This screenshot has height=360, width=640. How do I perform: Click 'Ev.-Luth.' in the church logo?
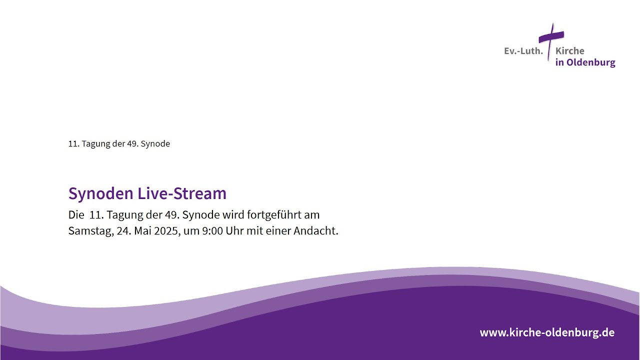pyautogui.click(x=523, y=51)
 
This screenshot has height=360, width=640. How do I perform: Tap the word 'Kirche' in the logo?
pyautogui.click(x=569, y=51)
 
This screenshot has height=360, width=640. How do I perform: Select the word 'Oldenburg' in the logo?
pyautogui.click(x=591, y=62)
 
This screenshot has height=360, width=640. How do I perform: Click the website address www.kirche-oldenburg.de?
pyautogui.click(x=547, y=332)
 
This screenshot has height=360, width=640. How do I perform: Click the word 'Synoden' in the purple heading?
pyautogui.click(x=101, y=193)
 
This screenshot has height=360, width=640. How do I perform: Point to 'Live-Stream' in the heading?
pyautogui.click(x=182, y=193)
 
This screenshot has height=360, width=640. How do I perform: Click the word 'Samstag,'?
pyautogui.click(x=91, y=231)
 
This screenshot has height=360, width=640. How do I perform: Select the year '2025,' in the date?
pyautogui.click(x=167, y=231)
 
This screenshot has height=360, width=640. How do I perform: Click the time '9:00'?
pyautogui.click(x=212, y=231)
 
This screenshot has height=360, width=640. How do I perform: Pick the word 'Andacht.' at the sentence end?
pyautogui.click(x=316, y=230)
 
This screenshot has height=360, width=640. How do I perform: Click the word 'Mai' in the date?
pyautogui.click(x=143, y=230)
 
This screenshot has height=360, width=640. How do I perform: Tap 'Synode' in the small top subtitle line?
pyautogui.click(x=155, y=144)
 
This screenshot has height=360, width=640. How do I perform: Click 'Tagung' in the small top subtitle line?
pyautogui.click(x=95, y=144)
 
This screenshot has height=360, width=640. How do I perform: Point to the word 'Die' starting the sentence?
pyautogui.click(x=76, y=214)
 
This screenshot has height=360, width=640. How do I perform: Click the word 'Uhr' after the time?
pyautogui.click(x=234, y=230)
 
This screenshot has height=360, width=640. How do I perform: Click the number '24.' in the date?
pyautogui.click(x=124, y=231)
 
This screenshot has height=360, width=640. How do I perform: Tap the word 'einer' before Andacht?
pyautogui.click(x=278, y=231)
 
